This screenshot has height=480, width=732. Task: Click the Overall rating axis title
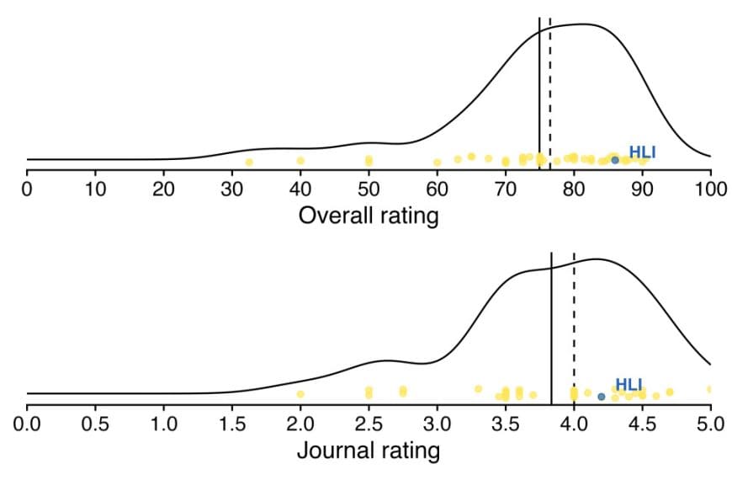tap(369, 216)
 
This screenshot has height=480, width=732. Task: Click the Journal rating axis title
tap(368, 451)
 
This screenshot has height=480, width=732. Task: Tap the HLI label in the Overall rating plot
tap(642, 152)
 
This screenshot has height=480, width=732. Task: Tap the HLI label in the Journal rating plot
tap(629, 385)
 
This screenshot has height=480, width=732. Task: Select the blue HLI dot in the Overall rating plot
tap(615, 160)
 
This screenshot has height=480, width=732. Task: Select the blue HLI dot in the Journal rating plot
tap(601, 396)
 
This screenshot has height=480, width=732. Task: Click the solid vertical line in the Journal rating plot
tap(551, 328)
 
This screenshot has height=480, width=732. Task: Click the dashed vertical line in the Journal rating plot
tap(574, 328)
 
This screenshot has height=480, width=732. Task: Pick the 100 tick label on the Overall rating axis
tap(711, 187)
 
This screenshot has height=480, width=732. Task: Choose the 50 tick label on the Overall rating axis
tap(369, 187)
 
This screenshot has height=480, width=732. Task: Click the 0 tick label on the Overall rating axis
tap(27, 187)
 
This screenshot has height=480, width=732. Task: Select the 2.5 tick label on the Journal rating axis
tap(369, 421)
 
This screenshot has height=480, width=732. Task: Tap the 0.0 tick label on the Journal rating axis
tap(27, 421)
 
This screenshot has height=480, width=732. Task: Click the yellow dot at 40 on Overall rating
tap(300, 160)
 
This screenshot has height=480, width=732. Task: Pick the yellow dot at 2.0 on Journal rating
tap(300, 394)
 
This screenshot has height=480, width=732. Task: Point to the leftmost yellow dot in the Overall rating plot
tap(249, 162)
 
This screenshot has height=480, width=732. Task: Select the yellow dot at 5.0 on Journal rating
tap(710, 389)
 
